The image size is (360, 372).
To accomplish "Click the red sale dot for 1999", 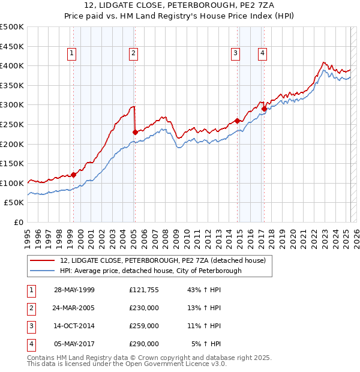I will [74, 175].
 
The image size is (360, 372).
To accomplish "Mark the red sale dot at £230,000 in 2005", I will [135, 131].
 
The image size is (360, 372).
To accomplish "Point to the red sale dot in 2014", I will [237, 121].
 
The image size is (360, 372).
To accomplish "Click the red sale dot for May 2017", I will [265, 108].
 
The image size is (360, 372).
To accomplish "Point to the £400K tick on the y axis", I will [12, 65].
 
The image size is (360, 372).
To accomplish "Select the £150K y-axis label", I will [12, 163].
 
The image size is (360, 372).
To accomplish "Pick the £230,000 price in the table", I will [144, 308].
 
